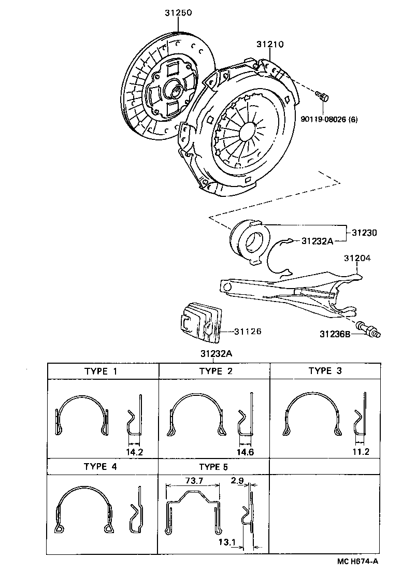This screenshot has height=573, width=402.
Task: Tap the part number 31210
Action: pyautogui.click(x=270, y=45)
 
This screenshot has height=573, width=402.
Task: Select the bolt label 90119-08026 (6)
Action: pyautogui.click(x=329, y=120)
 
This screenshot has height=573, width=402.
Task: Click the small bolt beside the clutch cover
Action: pyautogui.click(x=322, y=96)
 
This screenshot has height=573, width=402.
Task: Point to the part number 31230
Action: pyautogui.click(x=364, y=233)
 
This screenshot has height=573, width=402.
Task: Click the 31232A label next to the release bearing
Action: pyautogui.click(x=315, y=241)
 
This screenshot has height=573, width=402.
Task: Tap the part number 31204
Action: pyautogui.click(x=357, y=257)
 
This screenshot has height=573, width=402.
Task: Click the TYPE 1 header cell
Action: pyautogui.click(x=104, y=371)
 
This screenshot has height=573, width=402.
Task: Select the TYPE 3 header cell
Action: pyautogui.click(x=325, y=370)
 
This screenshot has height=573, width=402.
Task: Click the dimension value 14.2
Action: pyautogui.click(x=134, y=452)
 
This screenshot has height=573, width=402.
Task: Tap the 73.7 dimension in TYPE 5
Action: pyautogui.click(x=193, y=481)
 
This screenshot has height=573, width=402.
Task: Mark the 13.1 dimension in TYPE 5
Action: pyautogui.click(x=227, y=542)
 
